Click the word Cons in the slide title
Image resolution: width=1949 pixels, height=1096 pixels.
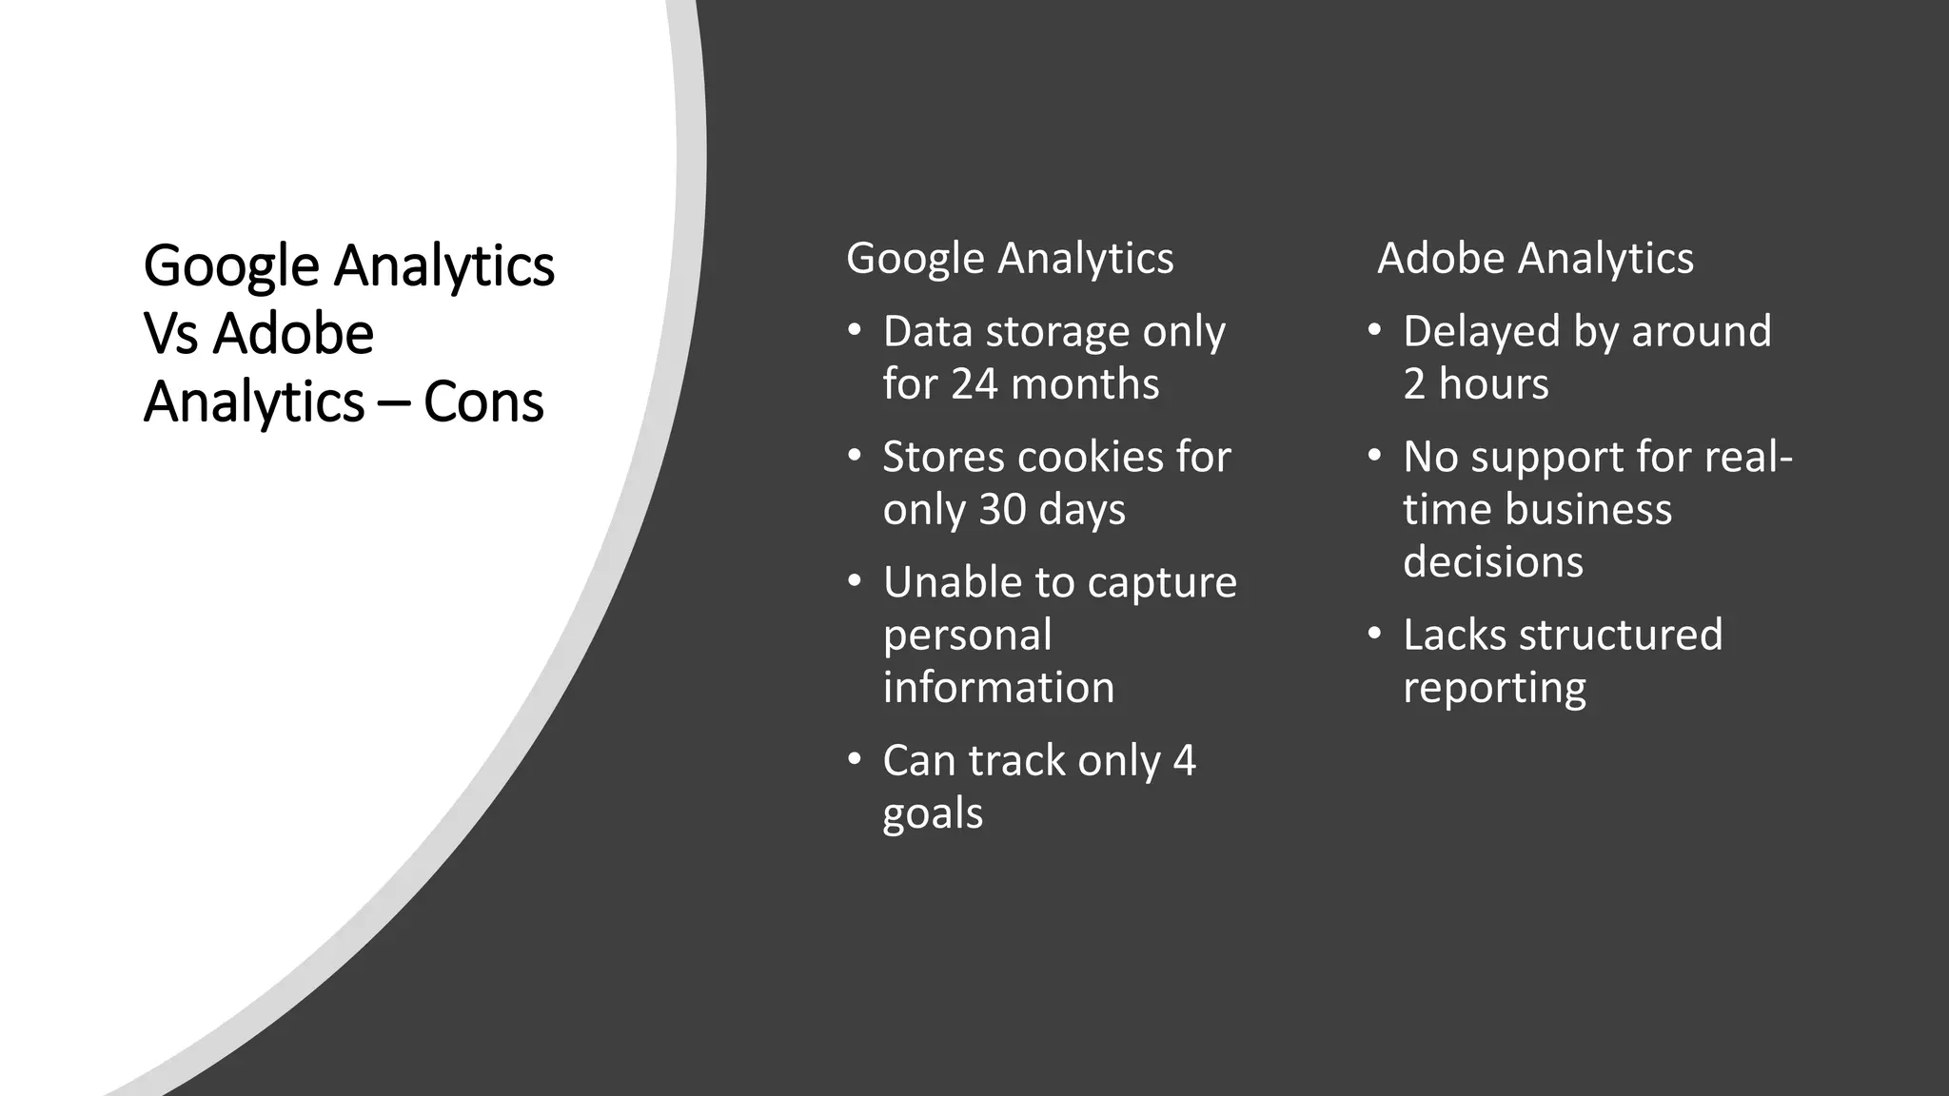click(483, 402)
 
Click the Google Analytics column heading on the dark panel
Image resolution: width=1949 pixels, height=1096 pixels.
click(1010, 259)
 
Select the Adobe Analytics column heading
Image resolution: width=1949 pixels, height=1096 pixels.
click(1535, 259)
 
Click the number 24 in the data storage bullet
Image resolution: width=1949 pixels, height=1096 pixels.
click(974, 384)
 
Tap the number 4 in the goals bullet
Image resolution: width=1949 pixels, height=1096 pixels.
click(1184, 761)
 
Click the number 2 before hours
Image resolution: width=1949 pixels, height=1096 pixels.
click(1414, 384)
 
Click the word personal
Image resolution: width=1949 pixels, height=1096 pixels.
click(967, 636)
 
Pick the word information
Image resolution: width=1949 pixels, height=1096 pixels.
click(998, 688)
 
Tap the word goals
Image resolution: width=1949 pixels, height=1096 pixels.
click(933, 815)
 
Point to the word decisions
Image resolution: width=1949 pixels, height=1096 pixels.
click(1493, 562)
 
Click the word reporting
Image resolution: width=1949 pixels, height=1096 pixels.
click(1494, 689)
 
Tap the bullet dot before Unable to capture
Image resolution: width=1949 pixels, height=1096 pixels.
click(855, 579)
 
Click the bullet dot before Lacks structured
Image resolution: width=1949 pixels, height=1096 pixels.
click(1374, 633)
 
